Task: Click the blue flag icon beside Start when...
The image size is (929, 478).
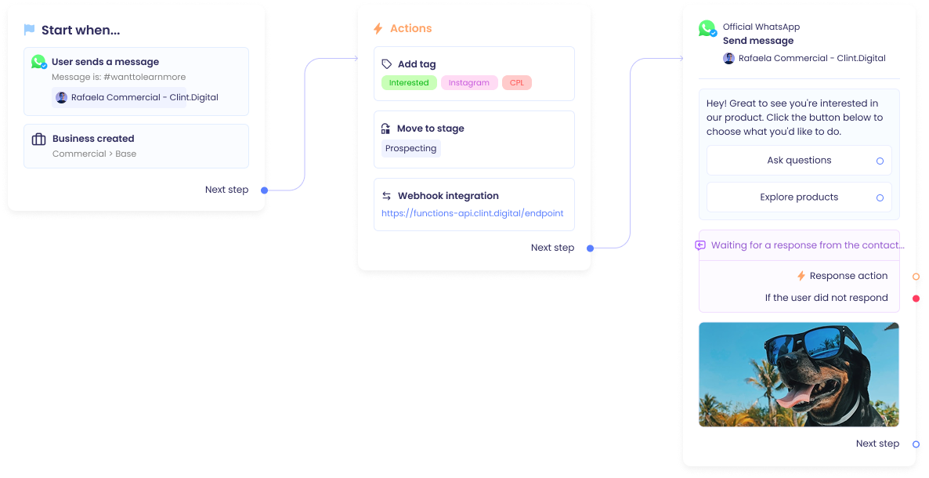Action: click(x=30, y=31)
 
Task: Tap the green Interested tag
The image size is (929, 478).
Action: click(x=409, y=83)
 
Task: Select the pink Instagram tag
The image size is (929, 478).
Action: click(x=468, y=83)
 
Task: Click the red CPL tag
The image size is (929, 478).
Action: click(x=517, y=83)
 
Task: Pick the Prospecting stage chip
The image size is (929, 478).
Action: click(x=410, y=148)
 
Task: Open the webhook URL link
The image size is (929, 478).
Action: click(x=472, y=213)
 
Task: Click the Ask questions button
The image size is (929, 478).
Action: click(x=799, y=161)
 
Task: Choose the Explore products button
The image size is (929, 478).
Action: click(x=799, y=197)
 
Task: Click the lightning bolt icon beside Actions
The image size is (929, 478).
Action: click(x=378, y=29)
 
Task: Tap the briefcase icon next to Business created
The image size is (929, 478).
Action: click(x=38, y=139)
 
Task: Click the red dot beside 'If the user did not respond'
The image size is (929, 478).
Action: click(x=916, y=299)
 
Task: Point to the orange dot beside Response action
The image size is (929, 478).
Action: click(x=916, y=277)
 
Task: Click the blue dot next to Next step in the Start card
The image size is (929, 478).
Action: click(x=265, y=190)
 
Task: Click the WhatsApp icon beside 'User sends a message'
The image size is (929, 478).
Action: click(x=38, y=62)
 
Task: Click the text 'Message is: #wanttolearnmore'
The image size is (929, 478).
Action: click(x=118, y=78)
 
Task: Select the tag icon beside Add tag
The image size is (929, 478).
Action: click(x=387, y=64)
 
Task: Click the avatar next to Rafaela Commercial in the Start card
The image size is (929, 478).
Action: click(x=61, y=98)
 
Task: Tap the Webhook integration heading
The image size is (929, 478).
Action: click(x=447, y=196)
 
